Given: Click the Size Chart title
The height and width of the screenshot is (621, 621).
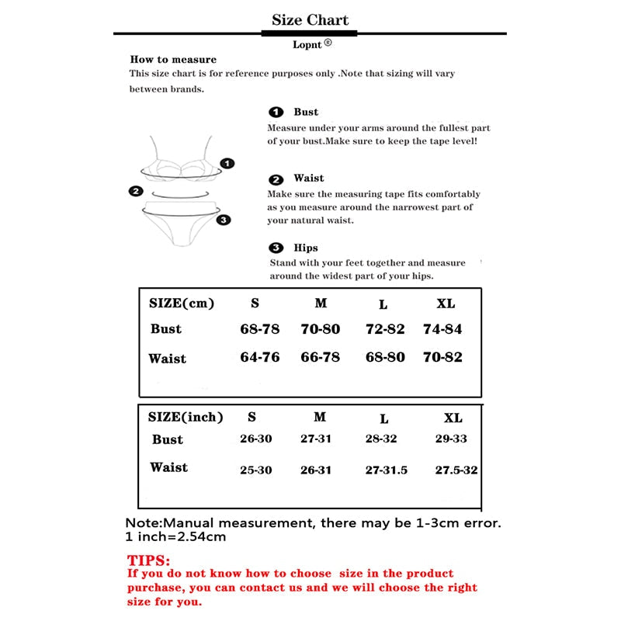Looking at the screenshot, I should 310,20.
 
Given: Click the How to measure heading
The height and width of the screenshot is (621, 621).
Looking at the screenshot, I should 173,60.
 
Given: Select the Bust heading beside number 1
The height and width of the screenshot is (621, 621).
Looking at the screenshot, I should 306,113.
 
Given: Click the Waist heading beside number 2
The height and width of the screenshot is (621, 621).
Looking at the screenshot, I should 309,179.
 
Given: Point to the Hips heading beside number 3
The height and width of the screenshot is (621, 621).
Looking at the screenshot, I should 306,248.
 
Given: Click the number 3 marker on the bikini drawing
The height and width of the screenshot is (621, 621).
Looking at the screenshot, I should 224,220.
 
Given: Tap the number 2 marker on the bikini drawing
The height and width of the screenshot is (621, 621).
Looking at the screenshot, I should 136,191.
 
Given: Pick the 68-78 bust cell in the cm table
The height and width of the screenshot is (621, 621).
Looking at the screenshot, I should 259,329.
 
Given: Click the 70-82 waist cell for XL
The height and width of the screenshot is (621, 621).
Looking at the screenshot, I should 442,358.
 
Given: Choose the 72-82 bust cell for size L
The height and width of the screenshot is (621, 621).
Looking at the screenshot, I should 385,329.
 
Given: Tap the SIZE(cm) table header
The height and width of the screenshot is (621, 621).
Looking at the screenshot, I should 181,304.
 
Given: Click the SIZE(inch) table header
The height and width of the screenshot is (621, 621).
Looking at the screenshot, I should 186,417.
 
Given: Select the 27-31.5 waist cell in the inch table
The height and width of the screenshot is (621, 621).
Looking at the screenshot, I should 386,470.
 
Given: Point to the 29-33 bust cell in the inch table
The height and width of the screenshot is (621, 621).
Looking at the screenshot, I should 451,439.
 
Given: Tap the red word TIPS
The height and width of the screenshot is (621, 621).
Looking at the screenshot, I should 148,560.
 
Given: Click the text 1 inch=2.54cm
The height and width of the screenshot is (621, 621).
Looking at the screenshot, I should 175,536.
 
